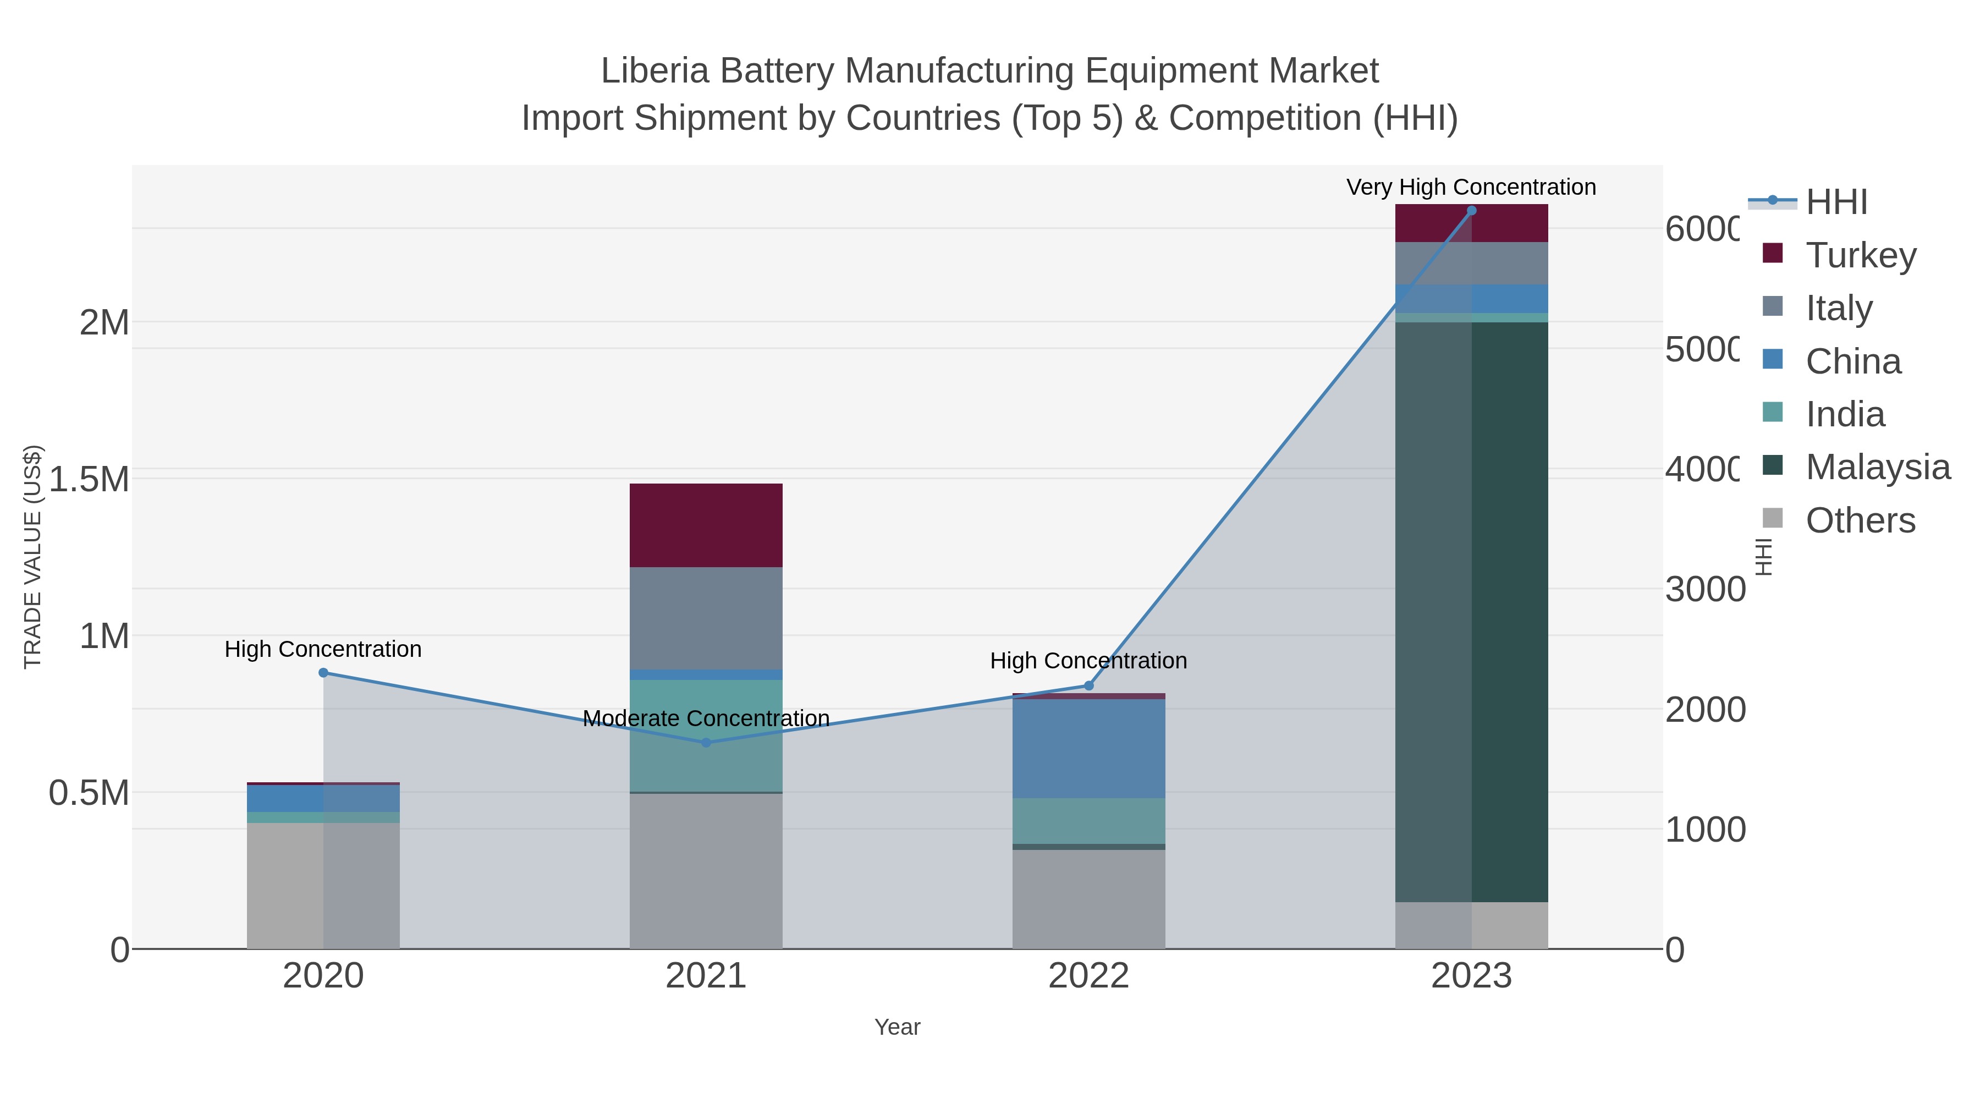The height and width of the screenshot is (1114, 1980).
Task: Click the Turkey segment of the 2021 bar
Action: click(706, 525)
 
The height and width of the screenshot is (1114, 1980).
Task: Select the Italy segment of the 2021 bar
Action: click(706, 618)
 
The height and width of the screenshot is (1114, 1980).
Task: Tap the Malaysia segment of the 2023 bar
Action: click(1471, 611)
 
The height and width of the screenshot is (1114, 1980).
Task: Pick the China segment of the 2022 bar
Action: click(1088, 748)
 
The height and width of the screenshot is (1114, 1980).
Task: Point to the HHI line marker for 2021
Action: click(706, 743)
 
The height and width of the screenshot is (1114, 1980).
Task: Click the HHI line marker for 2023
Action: click(1471, 211)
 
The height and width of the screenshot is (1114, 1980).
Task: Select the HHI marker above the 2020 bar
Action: click(323, 673)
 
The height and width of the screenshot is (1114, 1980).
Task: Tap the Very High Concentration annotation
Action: click(1470, 188)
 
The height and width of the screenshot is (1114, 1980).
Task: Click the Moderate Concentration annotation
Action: click(706, 719)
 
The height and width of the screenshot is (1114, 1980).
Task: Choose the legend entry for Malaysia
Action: click(1877, 468)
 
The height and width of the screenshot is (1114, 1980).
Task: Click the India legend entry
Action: click(1845, 414)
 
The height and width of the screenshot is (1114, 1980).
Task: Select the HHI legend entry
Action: click(1836, 202)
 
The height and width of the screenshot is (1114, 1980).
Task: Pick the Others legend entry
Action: click(1860, 520)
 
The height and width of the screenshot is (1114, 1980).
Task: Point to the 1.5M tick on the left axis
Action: click(89, 479)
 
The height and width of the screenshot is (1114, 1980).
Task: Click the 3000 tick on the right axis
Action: click(1705, 590)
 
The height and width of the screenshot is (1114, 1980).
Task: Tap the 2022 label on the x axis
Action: click(1088, 976)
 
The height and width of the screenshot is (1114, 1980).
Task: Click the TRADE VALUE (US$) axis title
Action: click(33, 557)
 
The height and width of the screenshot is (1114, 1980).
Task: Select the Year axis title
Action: click(897, 1027)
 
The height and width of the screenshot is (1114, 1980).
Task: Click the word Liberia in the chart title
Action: click(654, 71)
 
